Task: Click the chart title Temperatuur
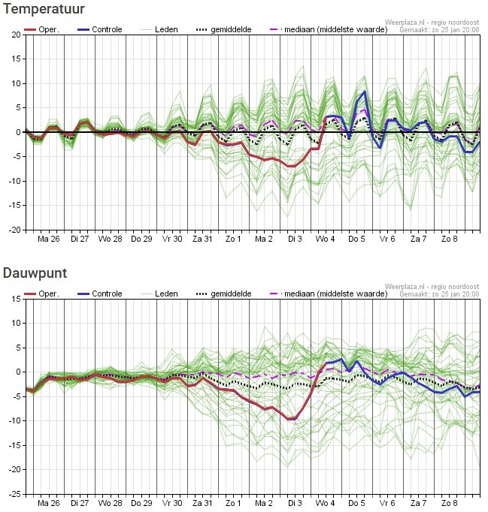[x=44, y=9]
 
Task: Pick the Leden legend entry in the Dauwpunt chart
[x=166, y=294]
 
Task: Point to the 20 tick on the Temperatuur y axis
[x=16, y=35]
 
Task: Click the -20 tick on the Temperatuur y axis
[x=14, y=230]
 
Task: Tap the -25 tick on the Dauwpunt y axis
[x=14, y=495]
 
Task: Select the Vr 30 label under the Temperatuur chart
[x=172, y=239]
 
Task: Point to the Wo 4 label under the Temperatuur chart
[x=326, y=239]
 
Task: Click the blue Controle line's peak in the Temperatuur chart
[x=365, y=92]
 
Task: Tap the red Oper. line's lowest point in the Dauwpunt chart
[x=292, y=419]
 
